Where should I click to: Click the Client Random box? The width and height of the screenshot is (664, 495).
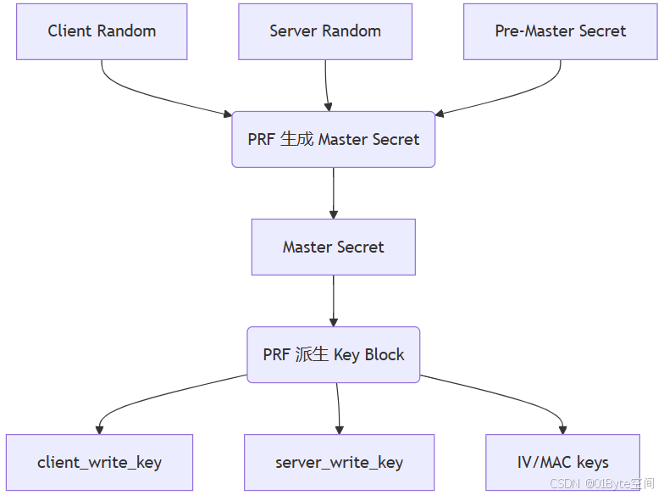(x=102, y=31)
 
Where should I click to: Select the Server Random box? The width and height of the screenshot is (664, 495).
(x=325, y=31)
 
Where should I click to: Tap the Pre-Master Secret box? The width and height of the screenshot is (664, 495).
(x=560, y=31)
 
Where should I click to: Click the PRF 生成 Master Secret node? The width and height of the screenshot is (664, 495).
(x=333, y=139)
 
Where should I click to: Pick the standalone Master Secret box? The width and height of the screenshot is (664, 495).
(x=333, y=247)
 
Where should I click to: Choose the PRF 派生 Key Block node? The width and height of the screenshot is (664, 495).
(x=333, y=355)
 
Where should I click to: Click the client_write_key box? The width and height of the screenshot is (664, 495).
(x=99, y=463)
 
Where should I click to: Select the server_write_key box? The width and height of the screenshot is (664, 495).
(x=339, y=463)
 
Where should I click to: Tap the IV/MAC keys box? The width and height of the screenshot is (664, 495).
(x=562, y=463)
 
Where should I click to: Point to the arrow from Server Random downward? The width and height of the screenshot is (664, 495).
(x=327, y=85)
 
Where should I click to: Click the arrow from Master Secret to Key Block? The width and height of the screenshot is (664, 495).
(x=334, y=301)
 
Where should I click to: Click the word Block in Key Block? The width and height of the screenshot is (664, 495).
(x=385, y=355)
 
